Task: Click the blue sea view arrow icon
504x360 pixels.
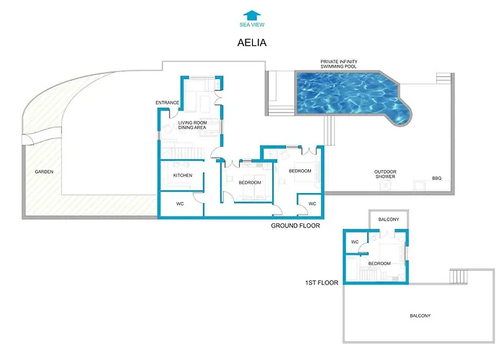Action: (x=251, y=14)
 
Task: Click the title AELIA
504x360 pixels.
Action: (x=252, y=42)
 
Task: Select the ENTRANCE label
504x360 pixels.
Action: (x=167, y=103)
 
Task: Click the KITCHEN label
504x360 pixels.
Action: (x=182, y=175)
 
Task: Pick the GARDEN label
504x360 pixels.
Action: (x=43, y=172)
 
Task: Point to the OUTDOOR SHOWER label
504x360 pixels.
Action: (x=385, y=174)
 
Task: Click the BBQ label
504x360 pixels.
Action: (x=436, y=178)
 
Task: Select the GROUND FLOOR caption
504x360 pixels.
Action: (x=295, y=225)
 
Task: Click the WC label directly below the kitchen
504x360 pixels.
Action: (x=181, y=204)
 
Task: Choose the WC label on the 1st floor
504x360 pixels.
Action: (x=354, y=242)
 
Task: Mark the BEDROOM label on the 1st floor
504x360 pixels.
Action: (x=379, y=264)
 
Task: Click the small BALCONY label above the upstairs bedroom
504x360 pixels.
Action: (x=388, y=218)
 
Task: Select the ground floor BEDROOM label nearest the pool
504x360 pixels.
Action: (x=300, y=171)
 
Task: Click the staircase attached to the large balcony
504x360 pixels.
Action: (x=459, y=276)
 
